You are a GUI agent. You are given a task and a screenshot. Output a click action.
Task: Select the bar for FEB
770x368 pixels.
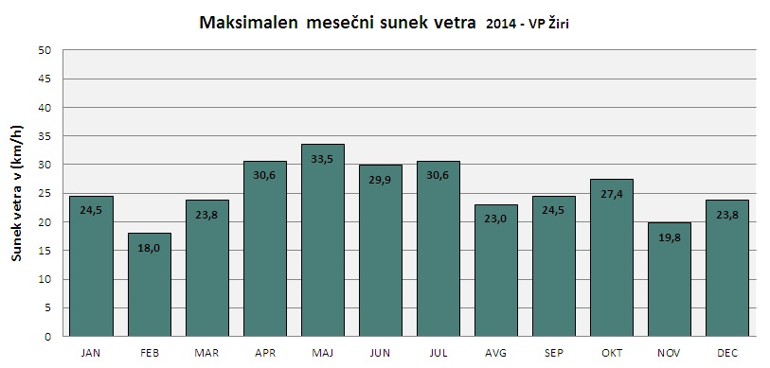click(150, 285)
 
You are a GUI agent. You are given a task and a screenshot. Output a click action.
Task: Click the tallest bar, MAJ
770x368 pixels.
click(323, 240)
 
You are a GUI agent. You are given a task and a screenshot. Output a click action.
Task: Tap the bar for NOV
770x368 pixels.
click(670, 280)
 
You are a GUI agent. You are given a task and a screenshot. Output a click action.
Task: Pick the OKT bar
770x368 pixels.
click(612, 257)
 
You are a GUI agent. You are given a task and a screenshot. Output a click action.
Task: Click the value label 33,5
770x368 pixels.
click(323, 159)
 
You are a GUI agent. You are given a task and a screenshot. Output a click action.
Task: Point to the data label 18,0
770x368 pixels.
click(150, 248)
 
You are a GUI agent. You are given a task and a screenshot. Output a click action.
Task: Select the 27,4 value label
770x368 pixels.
click(612, 194)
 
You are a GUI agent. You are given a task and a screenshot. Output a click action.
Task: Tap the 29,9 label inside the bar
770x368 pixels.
click(381, 180)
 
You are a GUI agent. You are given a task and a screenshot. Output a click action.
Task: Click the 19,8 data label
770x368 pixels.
click(670, 237)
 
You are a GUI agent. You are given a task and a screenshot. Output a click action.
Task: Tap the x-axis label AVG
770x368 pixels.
click(496, 353)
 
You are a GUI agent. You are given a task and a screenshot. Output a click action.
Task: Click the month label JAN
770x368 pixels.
click(91, 353)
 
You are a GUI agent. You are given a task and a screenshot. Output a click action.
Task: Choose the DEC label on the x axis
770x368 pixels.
click(727, 353)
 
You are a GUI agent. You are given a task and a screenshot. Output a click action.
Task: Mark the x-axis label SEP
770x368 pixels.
click(554, 353)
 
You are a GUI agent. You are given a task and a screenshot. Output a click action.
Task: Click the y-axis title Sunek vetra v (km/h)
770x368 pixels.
click(18, 193)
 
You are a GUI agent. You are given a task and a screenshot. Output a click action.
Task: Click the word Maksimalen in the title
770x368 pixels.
click(250, 23)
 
